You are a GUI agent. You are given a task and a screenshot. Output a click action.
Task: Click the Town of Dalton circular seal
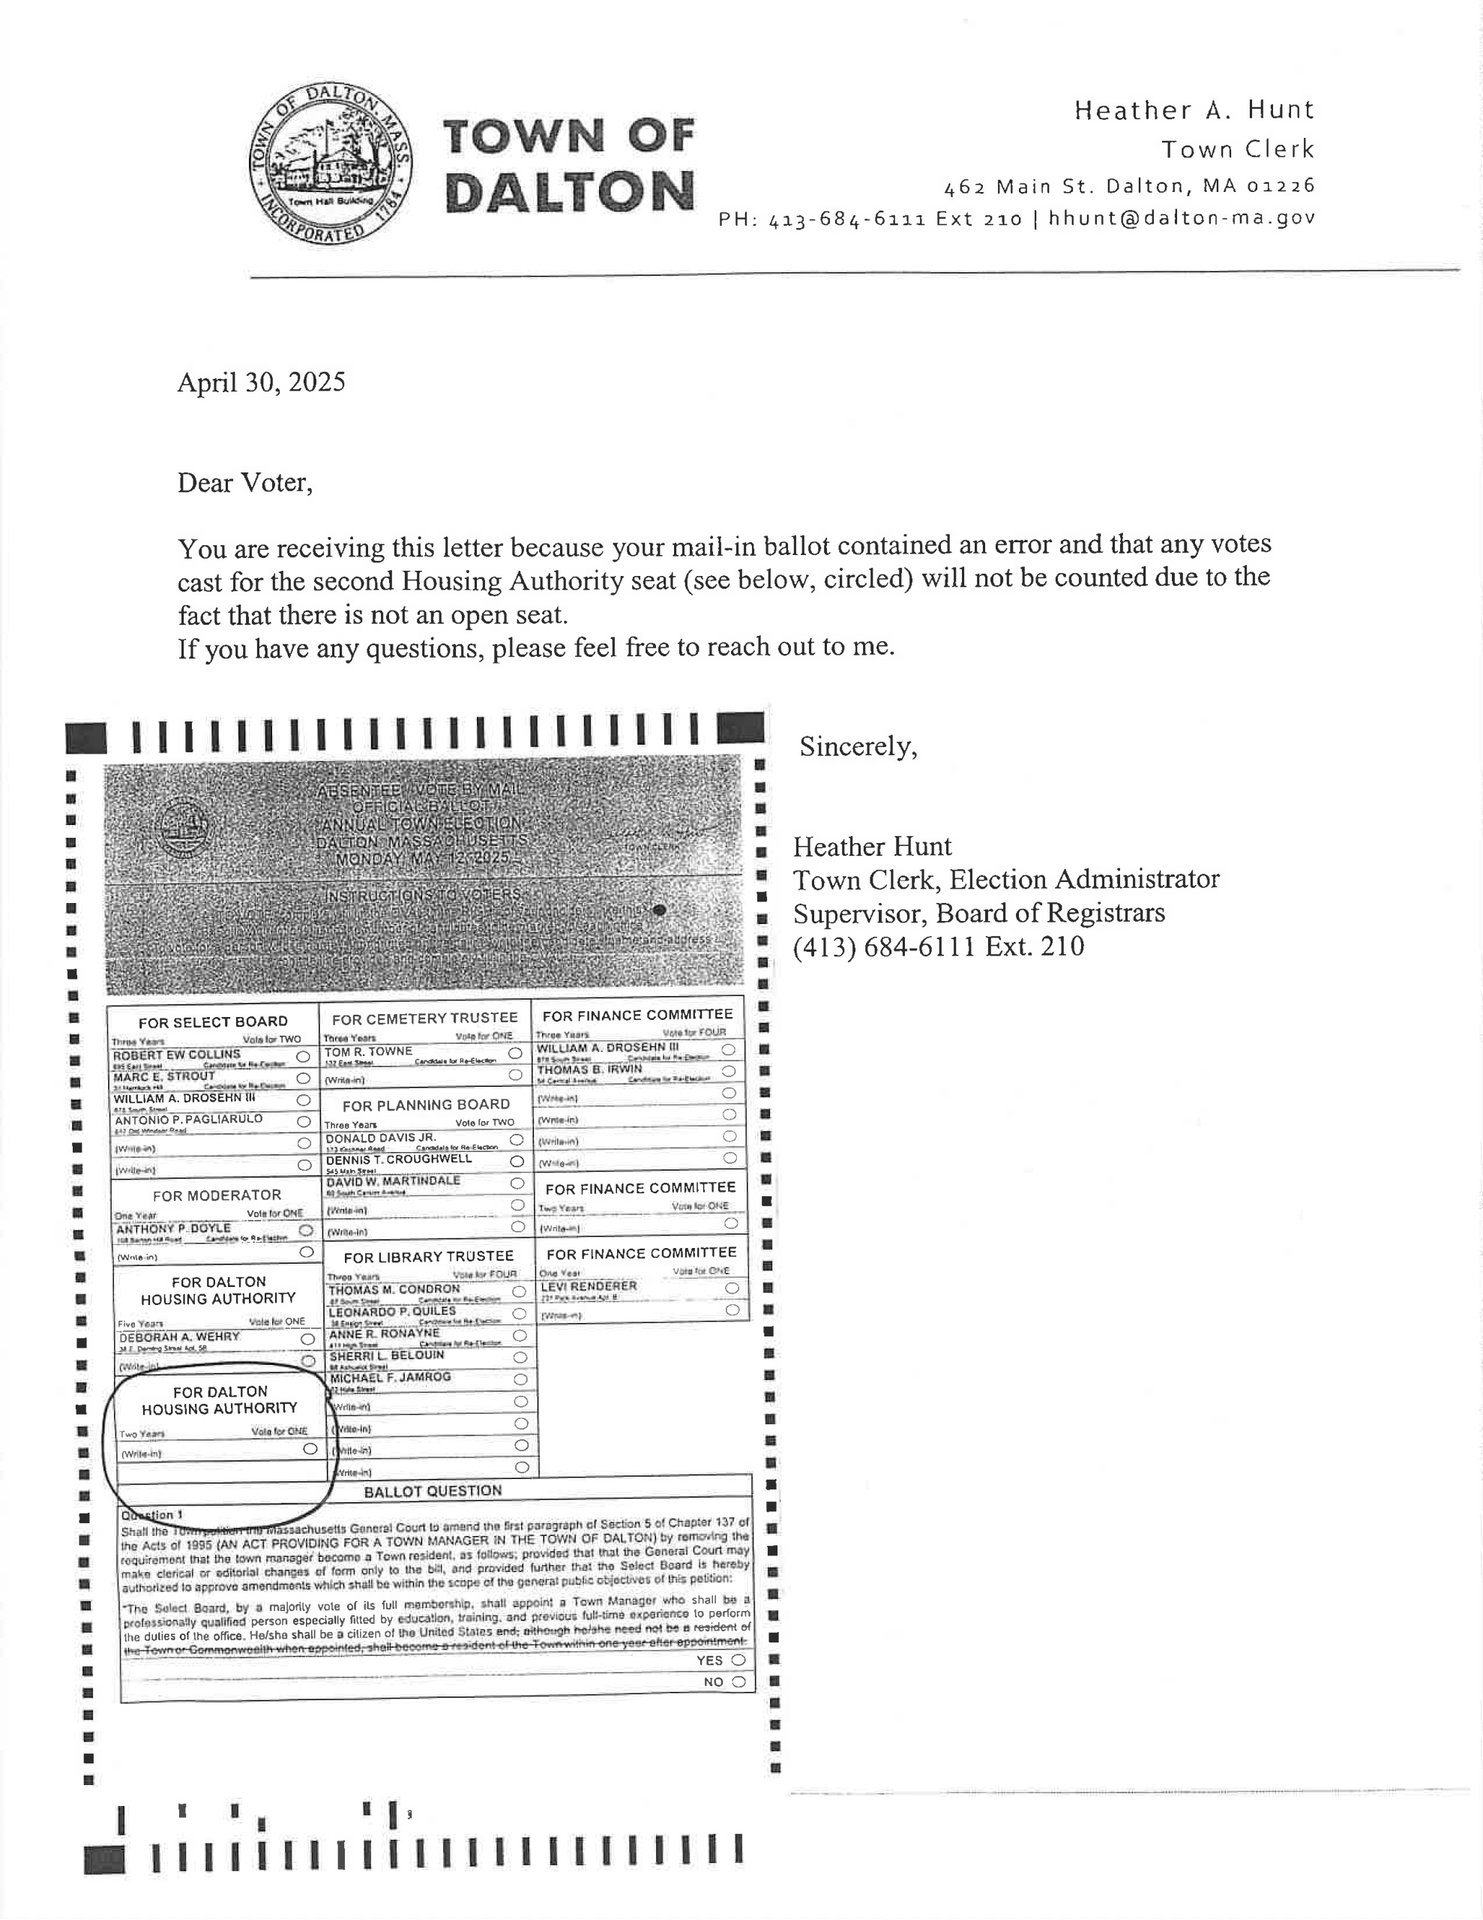331,165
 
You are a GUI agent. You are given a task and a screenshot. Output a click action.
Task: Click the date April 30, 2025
261,382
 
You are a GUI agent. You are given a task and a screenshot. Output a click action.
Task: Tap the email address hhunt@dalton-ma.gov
1182,218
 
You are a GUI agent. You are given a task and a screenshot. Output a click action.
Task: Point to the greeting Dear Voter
244,483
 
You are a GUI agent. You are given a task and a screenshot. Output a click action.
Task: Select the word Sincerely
858,746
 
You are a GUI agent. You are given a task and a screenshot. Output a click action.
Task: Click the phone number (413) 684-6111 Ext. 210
938,946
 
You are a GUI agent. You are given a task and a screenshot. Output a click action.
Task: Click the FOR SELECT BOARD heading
213,1021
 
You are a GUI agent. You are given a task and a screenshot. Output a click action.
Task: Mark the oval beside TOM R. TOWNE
515,1053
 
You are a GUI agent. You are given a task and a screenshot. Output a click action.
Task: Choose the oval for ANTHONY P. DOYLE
306,1230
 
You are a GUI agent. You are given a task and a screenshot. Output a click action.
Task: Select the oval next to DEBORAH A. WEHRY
307,1339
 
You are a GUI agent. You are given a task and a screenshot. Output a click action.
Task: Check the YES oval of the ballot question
739,1660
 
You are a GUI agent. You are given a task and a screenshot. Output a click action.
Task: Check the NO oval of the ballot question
739,1681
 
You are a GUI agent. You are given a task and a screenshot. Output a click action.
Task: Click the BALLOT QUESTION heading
433,1491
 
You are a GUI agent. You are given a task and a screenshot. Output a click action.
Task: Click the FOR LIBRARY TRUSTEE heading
428,1257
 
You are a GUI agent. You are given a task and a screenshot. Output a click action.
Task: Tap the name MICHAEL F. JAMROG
389,1378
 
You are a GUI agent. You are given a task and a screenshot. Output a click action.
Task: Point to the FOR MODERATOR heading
216,1195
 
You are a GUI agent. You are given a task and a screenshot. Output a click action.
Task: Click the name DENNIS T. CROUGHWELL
398,1159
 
